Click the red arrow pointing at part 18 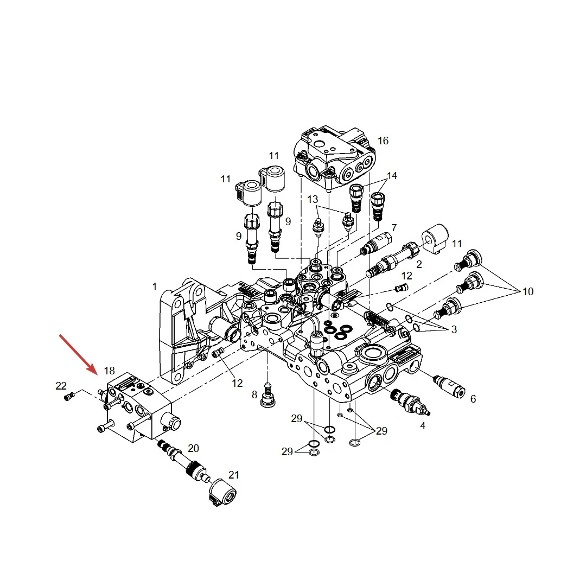pos(78,354)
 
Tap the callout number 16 pos(383,141)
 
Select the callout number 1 pos(154,286)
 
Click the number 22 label pos(61,386)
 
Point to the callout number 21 pos(233,475)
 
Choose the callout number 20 pos(193,448)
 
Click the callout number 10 pos(528,291)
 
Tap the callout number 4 pos(423,426)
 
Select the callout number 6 pos(473,399)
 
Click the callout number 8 pos(254,394)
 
